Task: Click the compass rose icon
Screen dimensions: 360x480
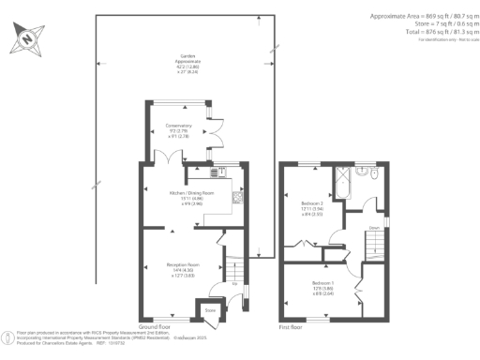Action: [x=27, y=40]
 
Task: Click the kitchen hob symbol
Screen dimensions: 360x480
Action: [x=237, y=198]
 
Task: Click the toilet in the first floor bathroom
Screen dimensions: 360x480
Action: [x=372, y=173]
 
